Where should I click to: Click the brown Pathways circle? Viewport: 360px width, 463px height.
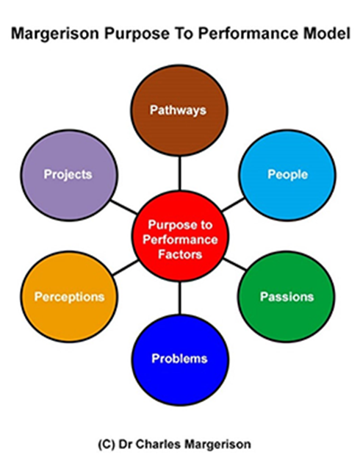point(179,110)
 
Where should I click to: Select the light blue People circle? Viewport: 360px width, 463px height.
point(287,175)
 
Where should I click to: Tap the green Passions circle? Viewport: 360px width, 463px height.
point(287,296)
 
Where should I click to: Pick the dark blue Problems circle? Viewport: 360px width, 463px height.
point(180,359)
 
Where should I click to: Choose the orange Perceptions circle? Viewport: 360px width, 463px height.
point(69,296)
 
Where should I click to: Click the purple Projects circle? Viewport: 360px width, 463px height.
point(69,175)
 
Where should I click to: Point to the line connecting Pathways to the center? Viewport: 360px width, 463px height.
point(179,173)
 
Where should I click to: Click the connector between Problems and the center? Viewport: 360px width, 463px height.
point(179,298)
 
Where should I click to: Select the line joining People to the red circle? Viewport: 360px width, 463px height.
point(233,205)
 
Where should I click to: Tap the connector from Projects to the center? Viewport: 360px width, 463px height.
point(123,207)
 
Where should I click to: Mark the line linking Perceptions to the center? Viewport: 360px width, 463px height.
point(126,268)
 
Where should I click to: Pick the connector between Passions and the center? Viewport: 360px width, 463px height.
point(234,264)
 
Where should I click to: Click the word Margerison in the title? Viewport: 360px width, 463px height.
point(56,33)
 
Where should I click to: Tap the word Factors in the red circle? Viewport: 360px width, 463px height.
point(180,254)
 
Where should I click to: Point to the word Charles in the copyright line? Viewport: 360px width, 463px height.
point(155,444)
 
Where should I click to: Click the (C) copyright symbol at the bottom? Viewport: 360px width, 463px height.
point(107,444)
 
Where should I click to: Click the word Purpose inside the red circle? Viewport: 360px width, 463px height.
point(168,226)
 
